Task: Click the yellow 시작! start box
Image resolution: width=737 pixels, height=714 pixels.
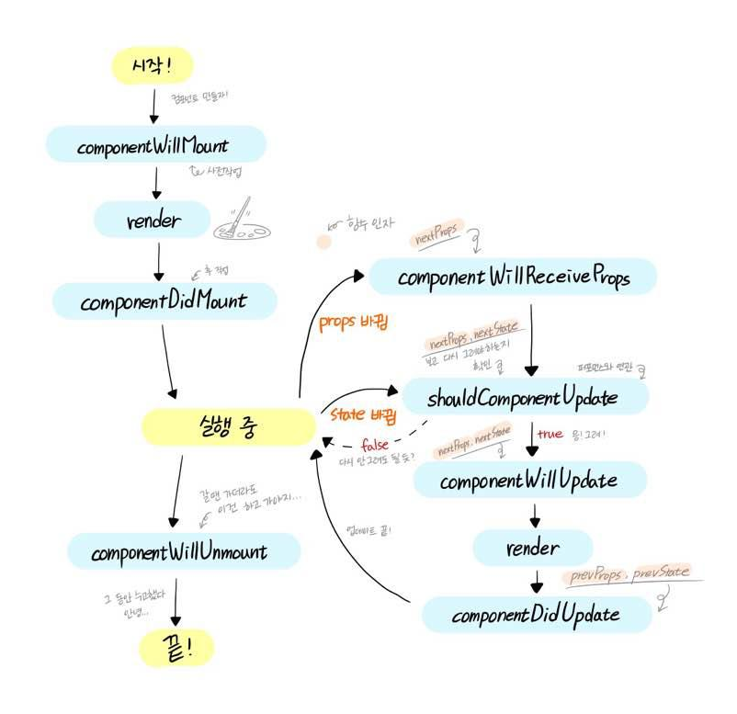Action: pos(153,65)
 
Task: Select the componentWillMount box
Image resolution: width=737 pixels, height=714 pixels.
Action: pos(155,145)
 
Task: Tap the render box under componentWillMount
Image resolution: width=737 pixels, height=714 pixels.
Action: pos(153,221)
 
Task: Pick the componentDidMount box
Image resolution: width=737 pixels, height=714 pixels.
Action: pos(164,301)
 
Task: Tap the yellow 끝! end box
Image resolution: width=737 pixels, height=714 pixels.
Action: pos(176,649)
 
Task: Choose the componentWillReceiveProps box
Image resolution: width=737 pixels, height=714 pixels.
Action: pos(513,277)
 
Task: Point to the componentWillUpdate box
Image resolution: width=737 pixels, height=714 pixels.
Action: pos(529,481)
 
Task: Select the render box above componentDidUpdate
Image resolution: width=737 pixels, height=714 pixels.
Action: pos(532,549)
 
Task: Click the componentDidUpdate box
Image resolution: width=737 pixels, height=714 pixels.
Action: pos(536,614)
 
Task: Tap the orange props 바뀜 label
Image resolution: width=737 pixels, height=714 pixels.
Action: pos(353,323)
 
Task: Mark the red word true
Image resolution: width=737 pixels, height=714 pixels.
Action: pos(550,433)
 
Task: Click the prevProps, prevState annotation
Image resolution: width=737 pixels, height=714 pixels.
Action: pos(629,574)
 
